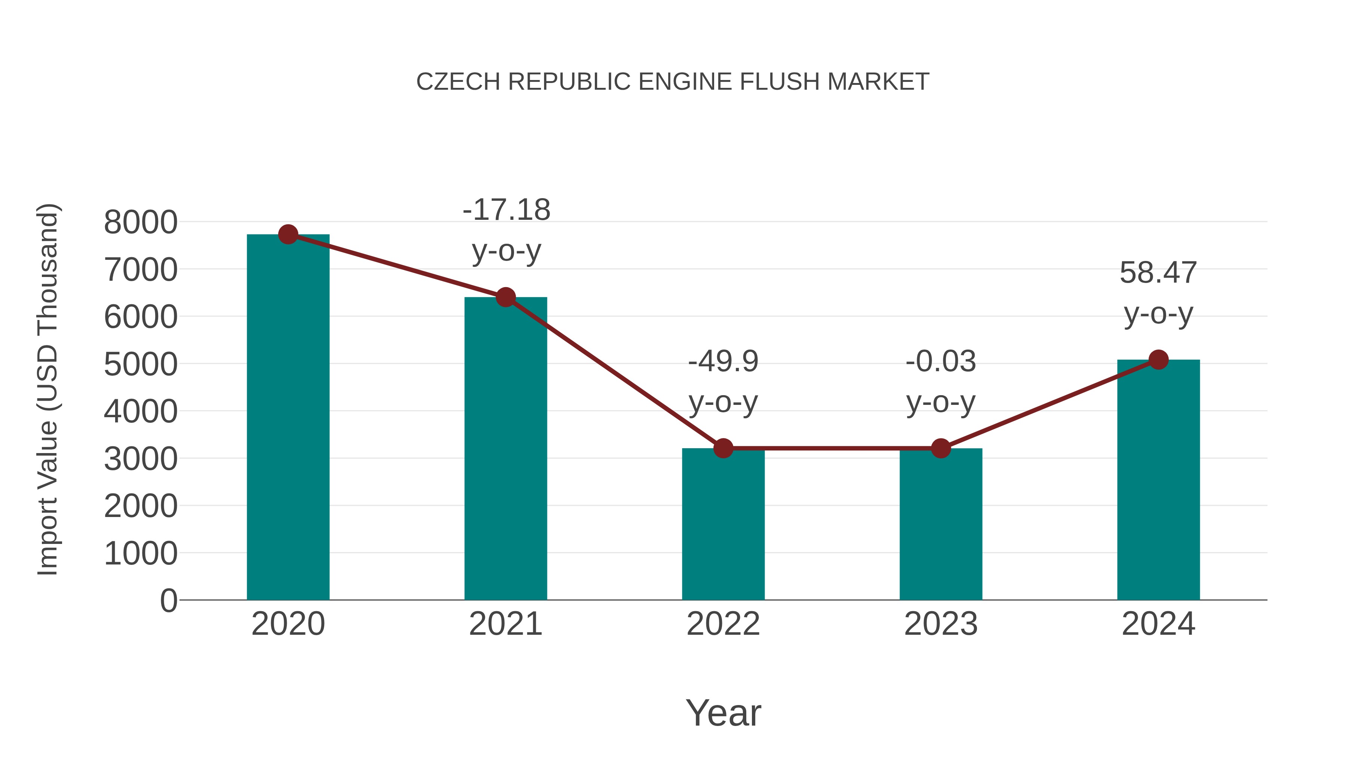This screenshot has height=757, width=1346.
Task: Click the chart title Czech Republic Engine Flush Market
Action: coord(673,82)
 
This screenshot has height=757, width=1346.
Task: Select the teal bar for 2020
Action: coord(288,418)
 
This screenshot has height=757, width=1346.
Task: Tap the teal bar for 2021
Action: coord(505,449)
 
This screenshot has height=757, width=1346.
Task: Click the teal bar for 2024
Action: coord(1158,481)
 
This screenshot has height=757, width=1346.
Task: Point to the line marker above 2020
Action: coord(288,234)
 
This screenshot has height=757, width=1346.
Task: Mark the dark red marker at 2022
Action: coord(723,448)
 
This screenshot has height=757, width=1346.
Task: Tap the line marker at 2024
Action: coord(1158,359)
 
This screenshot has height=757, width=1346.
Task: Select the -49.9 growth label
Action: coord(723,361)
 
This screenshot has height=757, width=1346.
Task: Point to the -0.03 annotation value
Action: coord(941,361)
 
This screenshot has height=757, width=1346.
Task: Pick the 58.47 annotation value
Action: coord(1158,273)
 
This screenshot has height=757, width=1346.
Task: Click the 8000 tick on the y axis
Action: coord(141,222)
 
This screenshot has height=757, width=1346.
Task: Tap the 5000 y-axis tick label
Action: coord(141,364)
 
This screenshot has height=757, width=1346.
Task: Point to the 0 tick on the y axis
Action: coord(168,600)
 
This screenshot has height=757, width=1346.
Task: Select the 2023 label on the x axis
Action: coord(941,624)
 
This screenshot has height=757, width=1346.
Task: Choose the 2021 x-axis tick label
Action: coord(505,624)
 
